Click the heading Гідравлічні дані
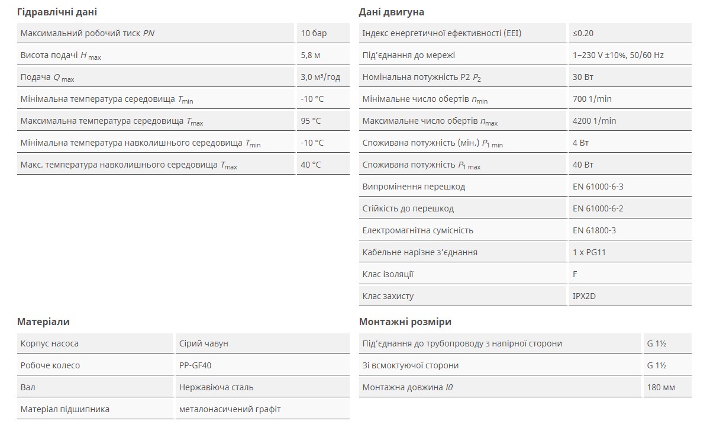[57, 12]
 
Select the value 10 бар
[314, 33]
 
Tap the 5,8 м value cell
[311, 55]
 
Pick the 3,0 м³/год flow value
[320, 77]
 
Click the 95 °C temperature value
[311, 121]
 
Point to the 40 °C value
[311, 165]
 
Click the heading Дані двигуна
[391, 12]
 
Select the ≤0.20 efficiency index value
[583, 33]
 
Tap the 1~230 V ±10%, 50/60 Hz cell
[618, 55]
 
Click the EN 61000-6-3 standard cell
[598, 187]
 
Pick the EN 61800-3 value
[594, 230]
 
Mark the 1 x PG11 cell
[589, 252]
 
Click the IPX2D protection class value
[584, 296]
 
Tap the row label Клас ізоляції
[388, 274]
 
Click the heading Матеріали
[43, 322]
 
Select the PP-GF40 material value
[195, 365]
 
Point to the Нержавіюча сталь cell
[216, 387]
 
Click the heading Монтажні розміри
[405, 322]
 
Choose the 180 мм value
[661, 387]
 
